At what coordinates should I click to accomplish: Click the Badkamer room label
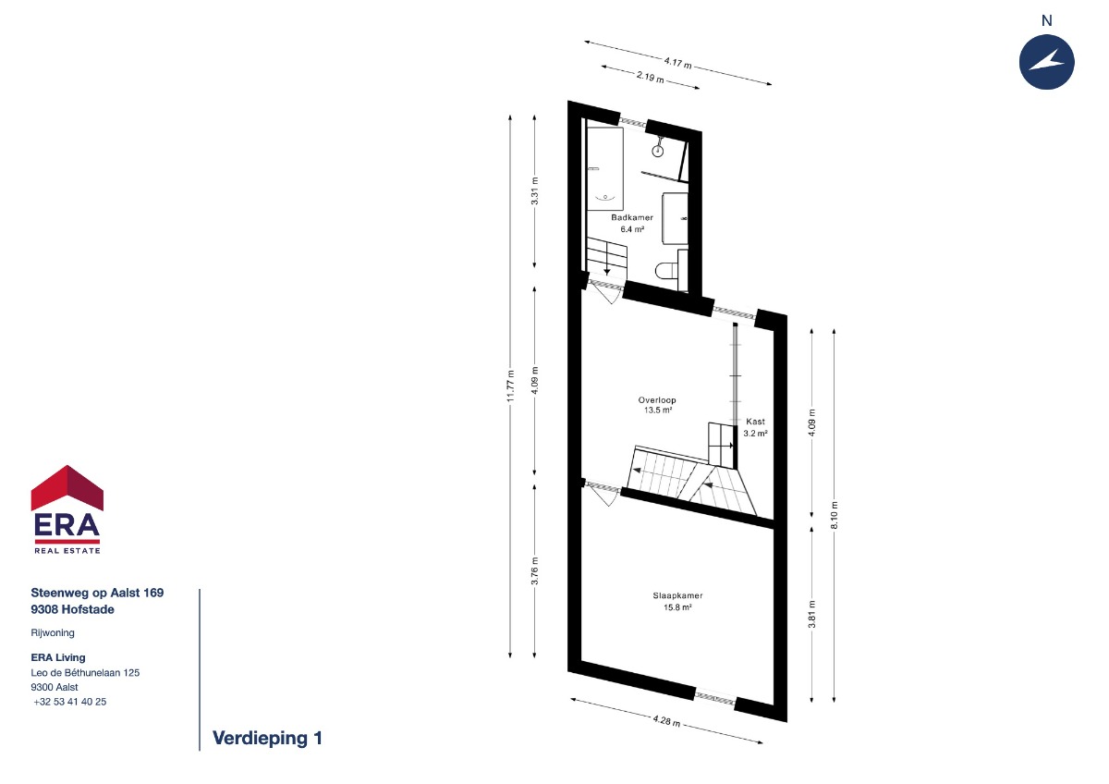pyautogui.click(x=632, y=217)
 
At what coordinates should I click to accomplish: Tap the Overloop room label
pyautogui.click(x=657, y=400)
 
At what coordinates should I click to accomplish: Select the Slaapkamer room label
pyautogui.click(x=677, y=595)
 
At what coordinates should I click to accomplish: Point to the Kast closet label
pyautogui.click(x=755, y=422)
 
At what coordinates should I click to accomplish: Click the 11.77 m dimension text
pyautogui.click(x=510, y=386)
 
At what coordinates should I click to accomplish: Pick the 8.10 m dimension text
pyautogui.click(x=835, y=515)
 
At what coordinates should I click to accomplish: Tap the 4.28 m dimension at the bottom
pyautogui.click(x=666, y=720)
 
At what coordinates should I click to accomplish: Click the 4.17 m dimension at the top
pyautogui.click(x=677, y=63)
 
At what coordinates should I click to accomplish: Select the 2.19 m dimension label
pyautogui.click(x=650, y=78)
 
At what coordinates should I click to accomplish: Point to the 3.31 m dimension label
pyautogui.click(x=535, y=190)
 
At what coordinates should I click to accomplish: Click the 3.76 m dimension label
pyautogui.click(x=535, y=570)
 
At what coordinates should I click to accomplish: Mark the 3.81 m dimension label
pyautogui.click(x=812, y=615)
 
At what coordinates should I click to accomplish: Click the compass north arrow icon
pyautogui.click(x=1046, y=62)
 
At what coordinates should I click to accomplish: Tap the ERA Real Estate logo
pyautogui.click(x=67, y=509)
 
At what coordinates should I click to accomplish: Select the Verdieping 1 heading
pyautogui.click(x=267, y=738)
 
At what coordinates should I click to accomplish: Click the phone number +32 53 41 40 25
pyautogui.click(x=70, y=702)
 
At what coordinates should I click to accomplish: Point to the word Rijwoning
pyautogui.click(x=53, y=633)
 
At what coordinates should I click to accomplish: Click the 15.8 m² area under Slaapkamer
pyautogui.click(x=677, y=607)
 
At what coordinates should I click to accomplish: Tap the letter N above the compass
pyautogui.click(x=1046, y=20)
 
